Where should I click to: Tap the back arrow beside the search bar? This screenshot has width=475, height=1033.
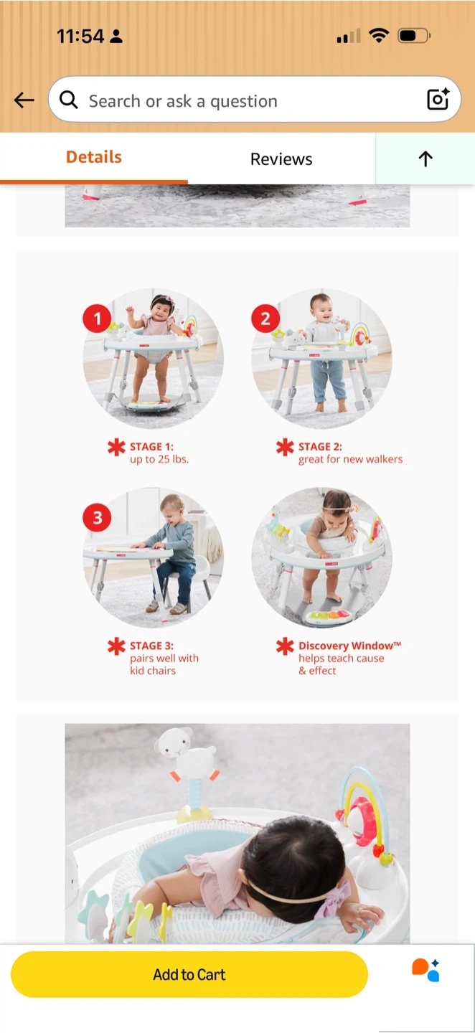tap(24, 100)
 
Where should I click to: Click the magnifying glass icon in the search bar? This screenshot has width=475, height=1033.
tap(69, 99)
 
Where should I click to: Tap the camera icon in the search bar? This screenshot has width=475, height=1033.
tap(438, 99)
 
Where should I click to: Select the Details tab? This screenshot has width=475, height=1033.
tap(93, 157)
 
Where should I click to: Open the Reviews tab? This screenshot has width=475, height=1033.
tap(281, 159)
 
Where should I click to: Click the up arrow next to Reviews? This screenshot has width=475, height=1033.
tap(425, 159)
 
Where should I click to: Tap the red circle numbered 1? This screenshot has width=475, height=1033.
tap(97, 319)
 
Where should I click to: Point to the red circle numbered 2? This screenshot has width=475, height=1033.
tap(265, 319)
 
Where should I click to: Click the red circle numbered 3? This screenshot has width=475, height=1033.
tap(97, 517)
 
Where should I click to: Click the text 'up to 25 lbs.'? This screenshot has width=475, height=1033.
tap(159, 459)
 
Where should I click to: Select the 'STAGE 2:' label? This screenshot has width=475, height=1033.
tap(320, 446)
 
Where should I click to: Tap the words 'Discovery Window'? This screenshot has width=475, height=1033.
tap(345, 646)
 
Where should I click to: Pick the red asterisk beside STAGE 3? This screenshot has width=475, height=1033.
tap(116, 646)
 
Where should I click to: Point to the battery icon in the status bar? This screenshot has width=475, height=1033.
tap(414, 36)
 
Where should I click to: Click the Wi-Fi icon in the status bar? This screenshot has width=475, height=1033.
tap(379, 35)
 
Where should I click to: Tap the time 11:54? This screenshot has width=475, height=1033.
tap(80, 36)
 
